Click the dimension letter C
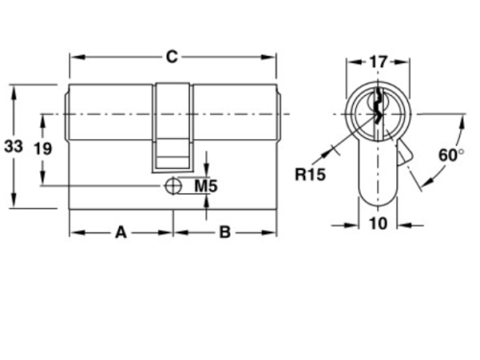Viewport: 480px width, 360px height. (x=172, y=57)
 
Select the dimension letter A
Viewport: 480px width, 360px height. (x=121, y=232)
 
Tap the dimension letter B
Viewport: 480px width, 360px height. (x=225, y=232)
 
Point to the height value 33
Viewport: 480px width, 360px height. (x=13, y=147)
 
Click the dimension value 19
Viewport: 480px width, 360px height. (x=43, y=149)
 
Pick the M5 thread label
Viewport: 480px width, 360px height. (x=206, y=186)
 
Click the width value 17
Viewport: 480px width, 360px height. (x=378, y=61)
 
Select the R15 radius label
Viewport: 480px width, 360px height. (x=310, y=175)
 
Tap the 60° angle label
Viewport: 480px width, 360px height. (x=451, y=156)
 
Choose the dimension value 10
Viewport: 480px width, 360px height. (x=378, y=224)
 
